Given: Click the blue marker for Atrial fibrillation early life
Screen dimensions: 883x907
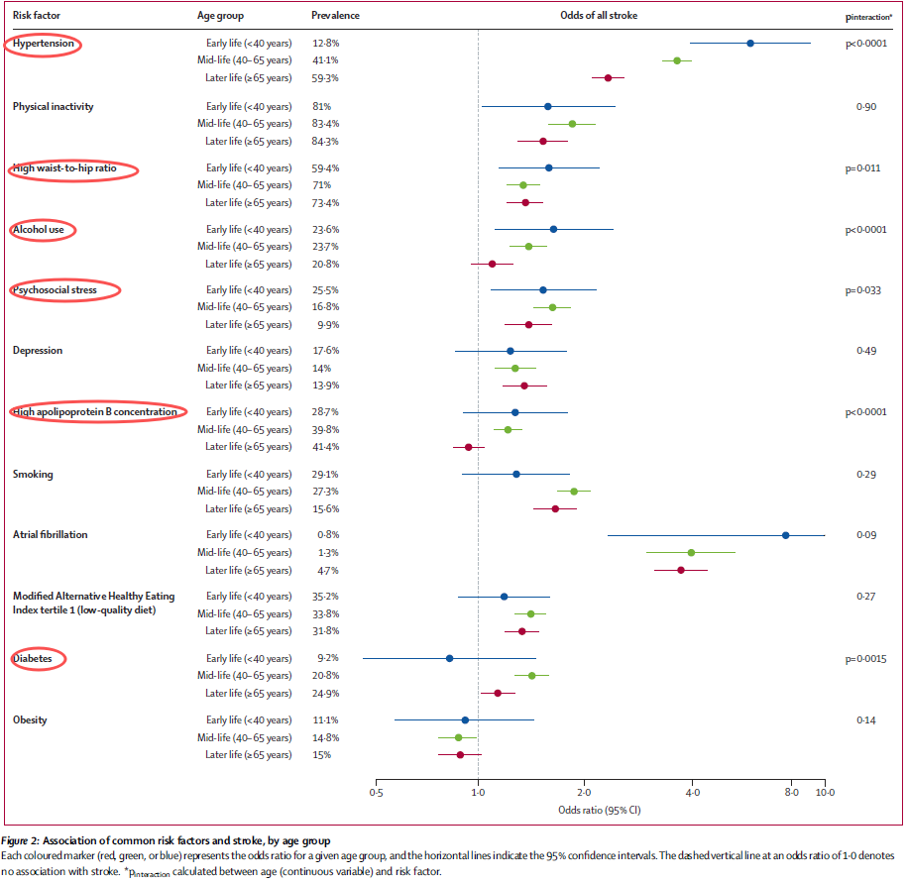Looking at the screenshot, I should pyautogui.click(x=785, y=535).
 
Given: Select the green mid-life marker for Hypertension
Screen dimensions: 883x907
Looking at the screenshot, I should pyautogui.click(x=677, y=60).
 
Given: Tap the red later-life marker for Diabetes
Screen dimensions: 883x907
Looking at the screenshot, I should pyautogui.click(x=498, y=693).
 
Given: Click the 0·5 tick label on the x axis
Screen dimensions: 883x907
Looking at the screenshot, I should pyautogui.click(x=376, y=793).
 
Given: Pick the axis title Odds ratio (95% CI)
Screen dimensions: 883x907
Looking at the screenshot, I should pyautogui.click(x=600, y=811).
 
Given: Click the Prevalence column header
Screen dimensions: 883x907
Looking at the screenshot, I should pyautogui.click(x=335, y=17).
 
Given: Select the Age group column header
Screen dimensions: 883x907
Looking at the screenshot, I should pyautogui.click(x=221, y=17).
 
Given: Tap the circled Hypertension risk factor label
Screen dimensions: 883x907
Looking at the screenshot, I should pyautogui.click(x=43, y=45).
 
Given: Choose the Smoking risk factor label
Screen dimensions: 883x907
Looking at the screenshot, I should pyautogui.click(x=33, y=475).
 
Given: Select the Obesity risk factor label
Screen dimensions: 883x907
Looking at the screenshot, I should pyautogui.click(x=32, y=720).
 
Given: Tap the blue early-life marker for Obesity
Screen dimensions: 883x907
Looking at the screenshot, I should pyautogui.click(x=465, y=720).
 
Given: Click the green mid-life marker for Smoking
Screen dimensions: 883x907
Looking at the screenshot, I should pyautogui.click(x=573, y=492).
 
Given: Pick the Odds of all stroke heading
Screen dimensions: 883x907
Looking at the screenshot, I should pyautogui.click(x=598, y=17).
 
